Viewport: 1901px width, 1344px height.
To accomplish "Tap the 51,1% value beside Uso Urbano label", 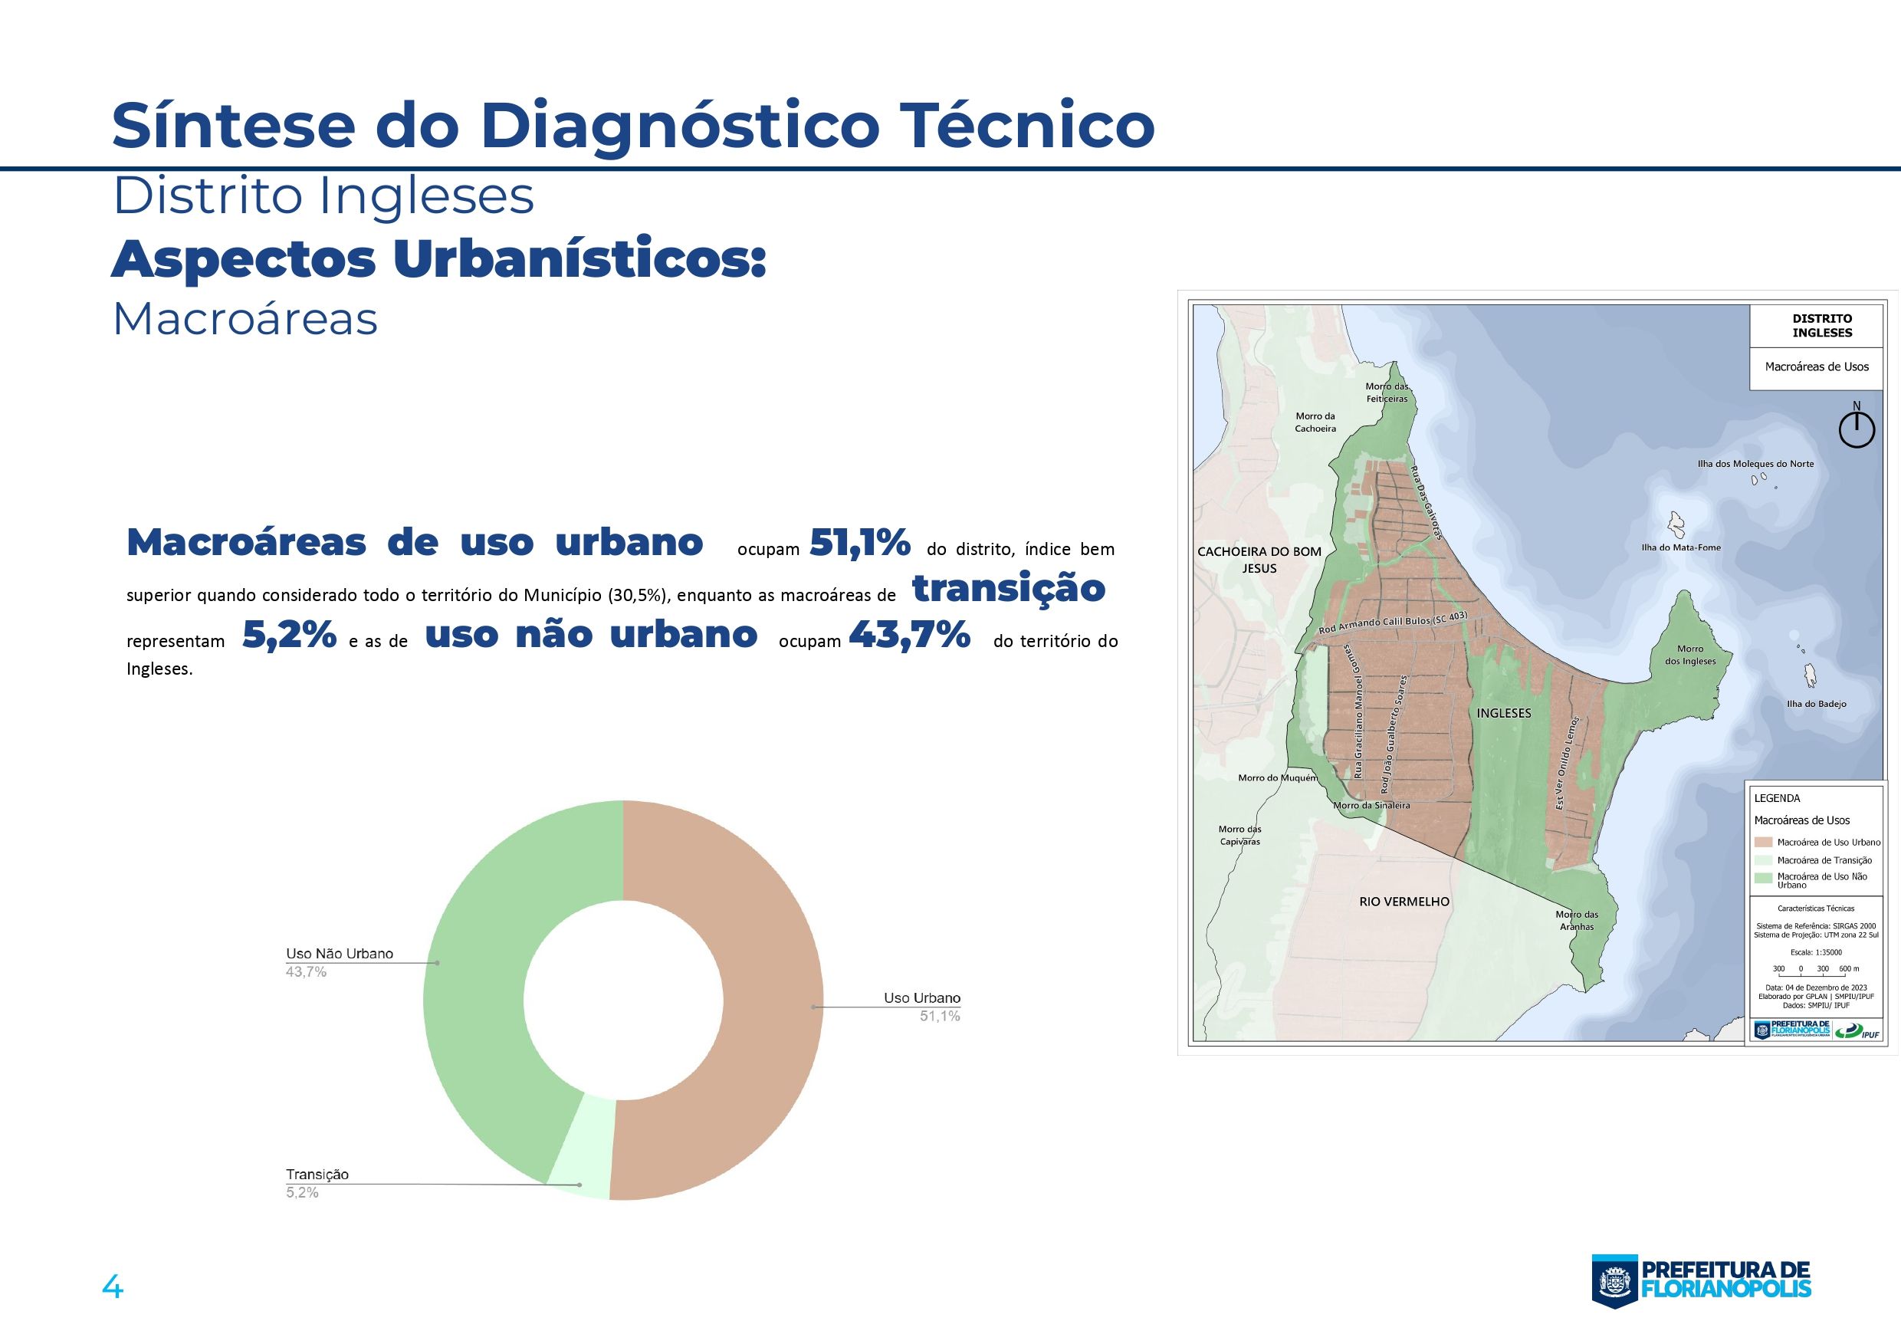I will pos(940,1016).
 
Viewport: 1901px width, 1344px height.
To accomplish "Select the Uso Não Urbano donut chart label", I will pos(340,953).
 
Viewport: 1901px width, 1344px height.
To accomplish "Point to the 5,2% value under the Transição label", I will pos(302,1192).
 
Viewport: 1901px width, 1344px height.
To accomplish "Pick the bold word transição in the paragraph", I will pos(1009,588).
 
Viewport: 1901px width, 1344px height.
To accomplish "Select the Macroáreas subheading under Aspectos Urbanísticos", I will pos(245,319).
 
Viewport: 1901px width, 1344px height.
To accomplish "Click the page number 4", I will pos(112,1288).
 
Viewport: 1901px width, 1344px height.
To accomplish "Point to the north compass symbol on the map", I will pos(1857,428).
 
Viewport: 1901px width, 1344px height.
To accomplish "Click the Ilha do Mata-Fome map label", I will pos(1681,547).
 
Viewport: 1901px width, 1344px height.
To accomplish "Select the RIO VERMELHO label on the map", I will pos(1404,901).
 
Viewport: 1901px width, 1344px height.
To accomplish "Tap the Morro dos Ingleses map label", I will pos(1690,655).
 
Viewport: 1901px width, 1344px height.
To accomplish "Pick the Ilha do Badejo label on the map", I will pos(1816,704).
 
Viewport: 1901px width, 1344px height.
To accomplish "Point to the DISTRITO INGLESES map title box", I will pos(1821,325).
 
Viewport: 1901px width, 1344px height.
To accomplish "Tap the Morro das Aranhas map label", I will pos(1577,921).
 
